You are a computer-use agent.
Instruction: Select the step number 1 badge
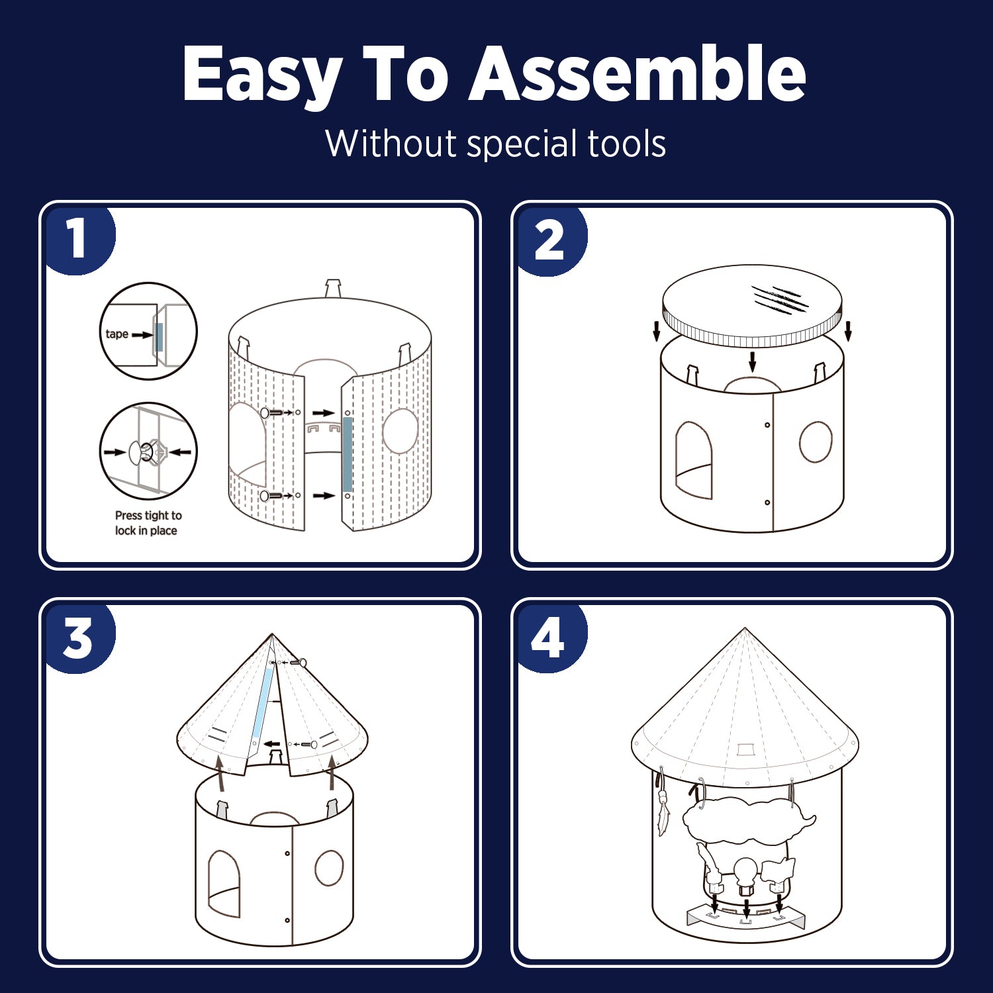pyautogui.click(x=78, y=238)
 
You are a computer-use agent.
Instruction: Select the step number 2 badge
pyautogui.click(x=549, y=240)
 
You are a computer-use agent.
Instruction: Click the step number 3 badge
pyautogui.click(x=78, y=639)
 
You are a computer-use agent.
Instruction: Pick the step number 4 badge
pyautogui.click(x=549, y=638)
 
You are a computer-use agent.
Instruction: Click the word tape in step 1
pyautogui.click(x=117, y=334)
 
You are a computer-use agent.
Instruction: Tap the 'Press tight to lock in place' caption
pyautogui.click(x=148, y=523)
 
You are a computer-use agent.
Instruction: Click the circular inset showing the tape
pyautogui.click(x=148, y=331)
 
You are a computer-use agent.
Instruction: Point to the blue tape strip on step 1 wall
pyautogui.click(x=348, y=454)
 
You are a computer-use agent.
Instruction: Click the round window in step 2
pyautogui.click(x=816, y=442)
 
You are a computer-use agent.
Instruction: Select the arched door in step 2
pyautogui.click(x=694, y=460)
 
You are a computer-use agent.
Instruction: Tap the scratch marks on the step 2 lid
pyautogui.click(x=780, y=299)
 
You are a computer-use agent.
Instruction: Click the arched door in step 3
pyautogui.click(x=224, y=884)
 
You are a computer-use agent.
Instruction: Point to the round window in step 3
pyautogui.click(x=329, y=868)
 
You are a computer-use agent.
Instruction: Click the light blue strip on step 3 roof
pyautogui.click(x=263, y=700)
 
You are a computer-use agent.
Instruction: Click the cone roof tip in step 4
pyautogui.click(x=745, y=628)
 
